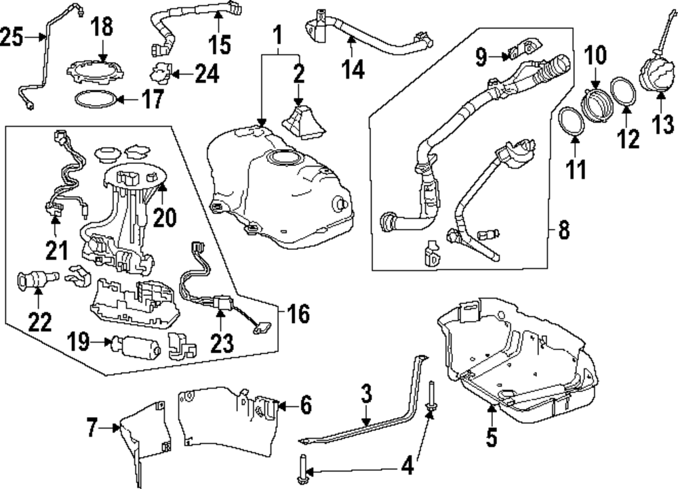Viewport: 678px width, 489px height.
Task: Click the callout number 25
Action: tap(12, 37)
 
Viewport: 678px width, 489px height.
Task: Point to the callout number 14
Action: tap(351, 68)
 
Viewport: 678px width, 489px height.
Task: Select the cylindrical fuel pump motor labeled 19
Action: tap(139, 349)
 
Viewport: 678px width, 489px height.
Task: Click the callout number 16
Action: tap(296, 314)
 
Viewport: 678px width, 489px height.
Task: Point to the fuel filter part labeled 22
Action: tap(32, 280)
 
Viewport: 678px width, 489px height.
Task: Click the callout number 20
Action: tap(164, 217)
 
